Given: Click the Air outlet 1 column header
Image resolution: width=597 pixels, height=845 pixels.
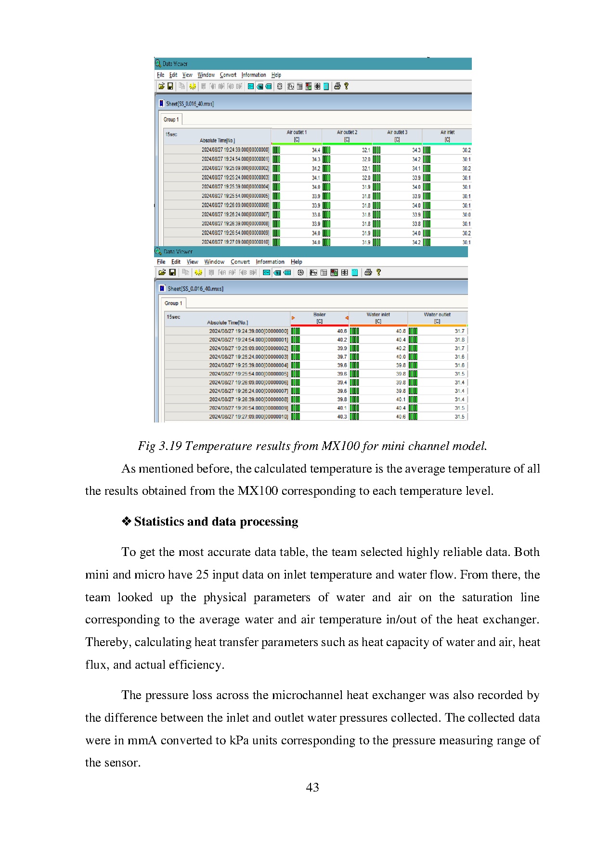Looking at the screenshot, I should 297,135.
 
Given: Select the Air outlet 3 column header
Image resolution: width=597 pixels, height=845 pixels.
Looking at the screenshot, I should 397,135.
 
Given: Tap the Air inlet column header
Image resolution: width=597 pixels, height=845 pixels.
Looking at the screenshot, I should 447,135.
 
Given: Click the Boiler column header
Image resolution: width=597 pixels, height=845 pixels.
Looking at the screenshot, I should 320,317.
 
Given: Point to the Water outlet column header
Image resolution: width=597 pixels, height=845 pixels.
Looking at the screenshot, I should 437,317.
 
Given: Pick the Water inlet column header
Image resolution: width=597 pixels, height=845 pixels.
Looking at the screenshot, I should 378,317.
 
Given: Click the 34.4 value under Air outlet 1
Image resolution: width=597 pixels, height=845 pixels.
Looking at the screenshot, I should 316,150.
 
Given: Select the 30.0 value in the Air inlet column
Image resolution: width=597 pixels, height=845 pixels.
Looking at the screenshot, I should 467,215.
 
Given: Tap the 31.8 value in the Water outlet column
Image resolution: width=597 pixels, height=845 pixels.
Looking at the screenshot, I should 460,340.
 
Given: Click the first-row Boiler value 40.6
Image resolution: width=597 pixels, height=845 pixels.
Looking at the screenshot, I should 342,331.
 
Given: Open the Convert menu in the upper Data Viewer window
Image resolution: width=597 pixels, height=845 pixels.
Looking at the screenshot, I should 228,75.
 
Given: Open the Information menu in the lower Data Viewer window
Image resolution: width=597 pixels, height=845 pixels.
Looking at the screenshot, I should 270,262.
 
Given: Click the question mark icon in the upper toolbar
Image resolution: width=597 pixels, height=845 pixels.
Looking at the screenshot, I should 346,86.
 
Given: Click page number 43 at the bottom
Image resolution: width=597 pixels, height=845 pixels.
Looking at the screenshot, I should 312,787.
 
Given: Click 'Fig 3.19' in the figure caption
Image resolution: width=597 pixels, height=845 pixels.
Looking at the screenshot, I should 159,446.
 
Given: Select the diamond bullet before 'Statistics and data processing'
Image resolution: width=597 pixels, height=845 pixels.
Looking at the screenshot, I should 126,521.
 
